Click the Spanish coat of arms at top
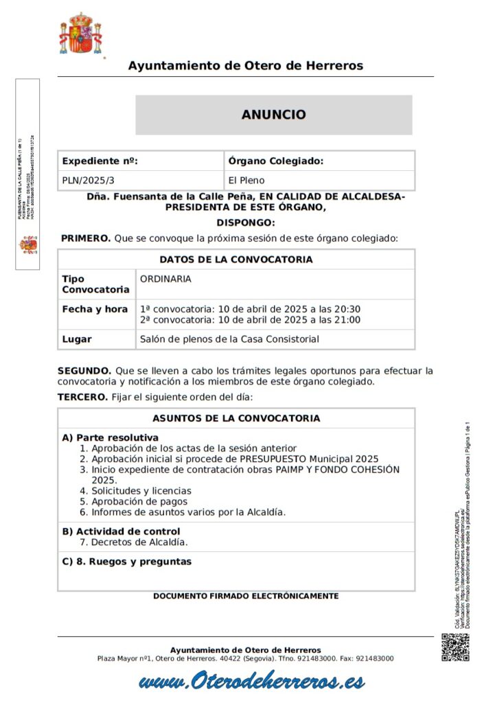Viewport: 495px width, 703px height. pyautogui.click(x=80, y=34)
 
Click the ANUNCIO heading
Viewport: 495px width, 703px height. pyautogui.click(x=273, y=115)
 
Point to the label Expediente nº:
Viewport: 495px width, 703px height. pyautogui.click(x=100, y=161)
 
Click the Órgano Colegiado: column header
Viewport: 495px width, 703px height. pyautogui.click(x=275, y=161)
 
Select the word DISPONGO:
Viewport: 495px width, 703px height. pyautogui.click(x=246, y=222)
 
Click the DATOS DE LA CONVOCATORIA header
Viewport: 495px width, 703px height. pyautogui.click(x=236, y=260)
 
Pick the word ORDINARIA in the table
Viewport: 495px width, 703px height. pyautogui.click(x=165, y=279)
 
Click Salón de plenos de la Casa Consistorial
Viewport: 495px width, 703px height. pyautogui.click(x=229, y=339)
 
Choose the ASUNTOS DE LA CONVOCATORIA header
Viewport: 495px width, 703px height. pyautogui.click(x=236, y=418)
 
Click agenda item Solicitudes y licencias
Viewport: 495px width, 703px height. pyautogui.click(x=141, y=491)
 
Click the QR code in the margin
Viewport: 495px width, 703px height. pyautogui.click(x=454, y=647)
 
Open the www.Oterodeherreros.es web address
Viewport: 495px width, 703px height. pyautogui.click(x=251, y=682)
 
